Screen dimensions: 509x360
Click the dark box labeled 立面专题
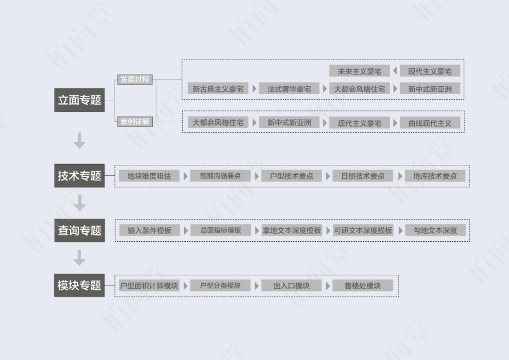(x=79, y=100)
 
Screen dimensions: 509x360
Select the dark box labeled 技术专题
(x=79, y=176)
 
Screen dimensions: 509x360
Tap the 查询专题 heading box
(x=79, y=230)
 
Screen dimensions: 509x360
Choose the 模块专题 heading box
(x=79, y=285)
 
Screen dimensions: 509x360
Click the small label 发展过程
(x=135, y=80)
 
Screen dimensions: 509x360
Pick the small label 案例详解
(x=135, y=122)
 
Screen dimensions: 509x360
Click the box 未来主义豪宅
(x=359, y=71)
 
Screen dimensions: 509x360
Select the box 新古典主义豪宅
(x=218, y=89)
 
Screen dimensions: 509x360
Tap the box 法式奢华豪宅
(x=289, y=89)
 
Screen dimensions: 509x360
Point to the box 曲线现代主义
(x=430, y=123)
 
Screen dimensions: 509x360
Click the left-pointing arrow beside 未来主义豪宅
(x=395, y=71)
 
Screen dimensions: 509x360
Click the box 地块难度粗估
(x=149, y=176)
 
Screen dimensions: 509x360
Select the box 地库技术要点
(x=435, y=176)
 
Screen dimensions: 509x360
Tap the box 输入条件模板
(x=149, y=230)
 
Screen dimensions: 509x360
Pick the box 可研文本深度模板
(x=363, y=230)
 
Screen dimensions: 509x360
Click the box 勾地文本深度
(x=435, y=230)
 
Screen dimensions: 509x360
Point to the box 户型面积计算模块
(x=149, y=286)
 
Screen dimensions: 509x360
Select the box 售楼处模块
(x=362, y=286)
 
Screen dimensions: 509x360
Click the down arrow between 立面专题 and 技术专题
(x=80, y=140)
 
